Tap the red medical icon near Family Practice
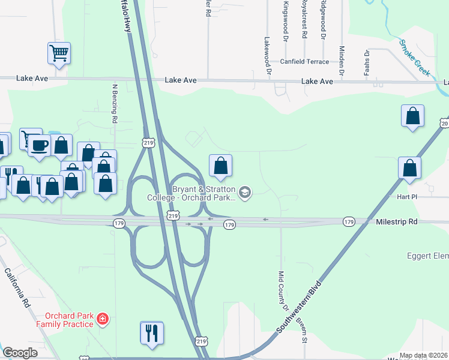103,318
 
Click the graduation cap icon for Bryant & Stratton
244,193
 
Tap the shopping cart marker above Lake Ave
59,53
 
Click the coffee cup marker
40,145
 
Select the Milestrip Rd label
396,222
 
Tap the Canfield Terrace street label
304,62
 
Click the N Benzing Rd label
113,103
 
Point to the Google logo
20,353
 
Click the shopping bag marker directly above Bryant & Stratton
220,166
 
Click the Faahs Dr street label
366,59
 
